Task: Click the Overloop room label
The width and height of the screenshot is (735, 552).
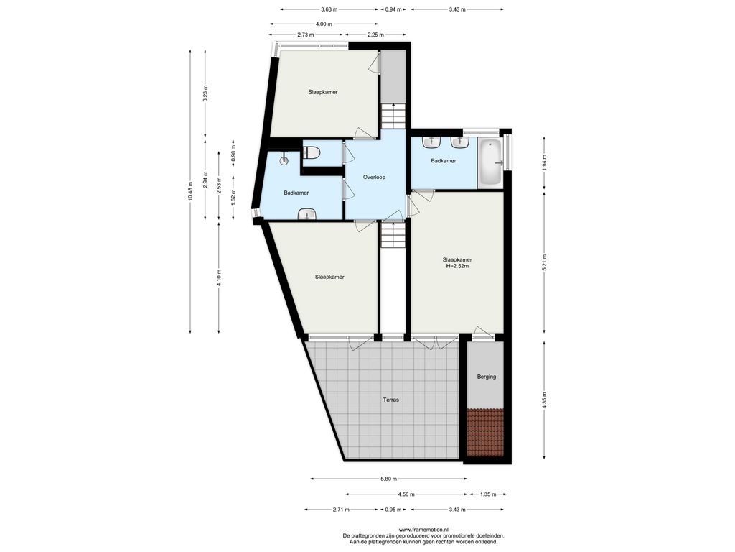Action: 374,177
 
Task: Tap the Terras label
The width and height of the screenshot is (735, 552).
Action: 391,400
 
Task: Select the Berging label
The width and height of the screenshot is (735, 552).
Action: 487,377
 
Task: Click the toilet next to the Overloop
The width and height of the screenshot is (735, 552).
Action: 312,152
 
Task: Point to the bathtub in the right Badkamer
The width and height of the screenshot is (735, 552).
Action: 490,162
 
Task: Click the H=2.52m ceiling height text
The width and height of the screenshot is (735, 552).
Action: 457,266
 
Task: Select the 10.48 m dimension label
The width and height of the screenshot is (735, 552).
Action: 190,191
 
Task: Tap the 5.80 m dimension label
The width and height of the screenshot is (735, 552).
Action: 388,479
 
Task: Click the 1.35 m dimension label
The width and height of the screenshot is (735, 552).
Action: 488,494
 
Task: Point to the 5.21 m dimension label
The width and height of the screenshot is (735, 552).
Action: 544,262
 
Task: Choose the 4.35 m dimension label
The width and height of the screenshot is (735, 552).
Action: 544,400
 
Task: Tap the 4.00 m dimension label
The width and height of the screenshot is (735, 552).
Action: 324,24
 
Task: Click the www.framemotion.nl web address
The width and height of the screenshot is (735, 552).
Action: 423,530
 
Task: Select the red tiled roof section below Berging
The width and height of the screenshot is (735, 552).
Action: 485,432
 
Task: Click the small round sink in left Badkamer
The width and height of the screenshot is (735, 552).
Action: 284,160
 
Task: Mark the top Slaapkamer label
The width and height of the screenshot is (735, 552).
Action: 323,92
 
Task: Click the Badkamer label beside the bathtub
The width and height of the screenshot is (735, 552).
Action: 444,160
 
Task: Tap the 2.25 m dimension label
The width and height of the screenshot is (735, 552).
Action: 375,34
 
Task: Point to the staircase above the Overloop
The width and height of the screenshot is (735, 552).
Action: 393,116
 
